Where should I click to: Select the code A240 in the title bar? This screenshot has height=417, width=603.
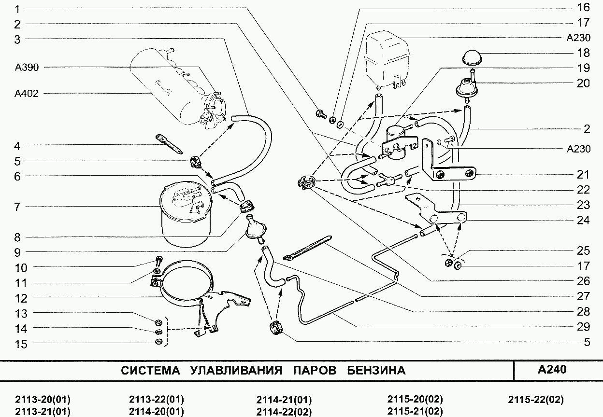551,370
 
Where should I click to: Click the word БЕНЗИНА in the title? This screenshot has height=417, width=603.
376,371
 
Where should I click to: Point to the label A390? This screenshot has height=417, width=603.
27,67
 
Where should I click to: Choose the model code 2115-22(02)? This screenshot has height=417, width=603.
536,400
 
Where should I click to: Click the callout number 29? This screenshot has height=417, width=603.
583,327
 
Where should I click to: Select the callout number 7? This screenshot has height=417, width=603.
17,207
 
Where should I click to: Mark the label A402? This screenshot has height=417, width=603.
27,93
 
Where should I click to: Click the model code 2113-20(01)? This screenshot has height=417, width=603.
43,400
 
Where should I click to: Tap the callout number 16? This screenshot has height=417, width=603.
583,7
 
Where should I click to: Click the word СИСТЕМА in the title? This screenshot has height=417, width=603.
150,371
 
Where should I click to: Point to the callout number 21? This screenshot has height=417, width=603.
583,175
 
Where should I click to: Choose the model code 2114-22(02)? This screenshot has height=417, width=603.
284,412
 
